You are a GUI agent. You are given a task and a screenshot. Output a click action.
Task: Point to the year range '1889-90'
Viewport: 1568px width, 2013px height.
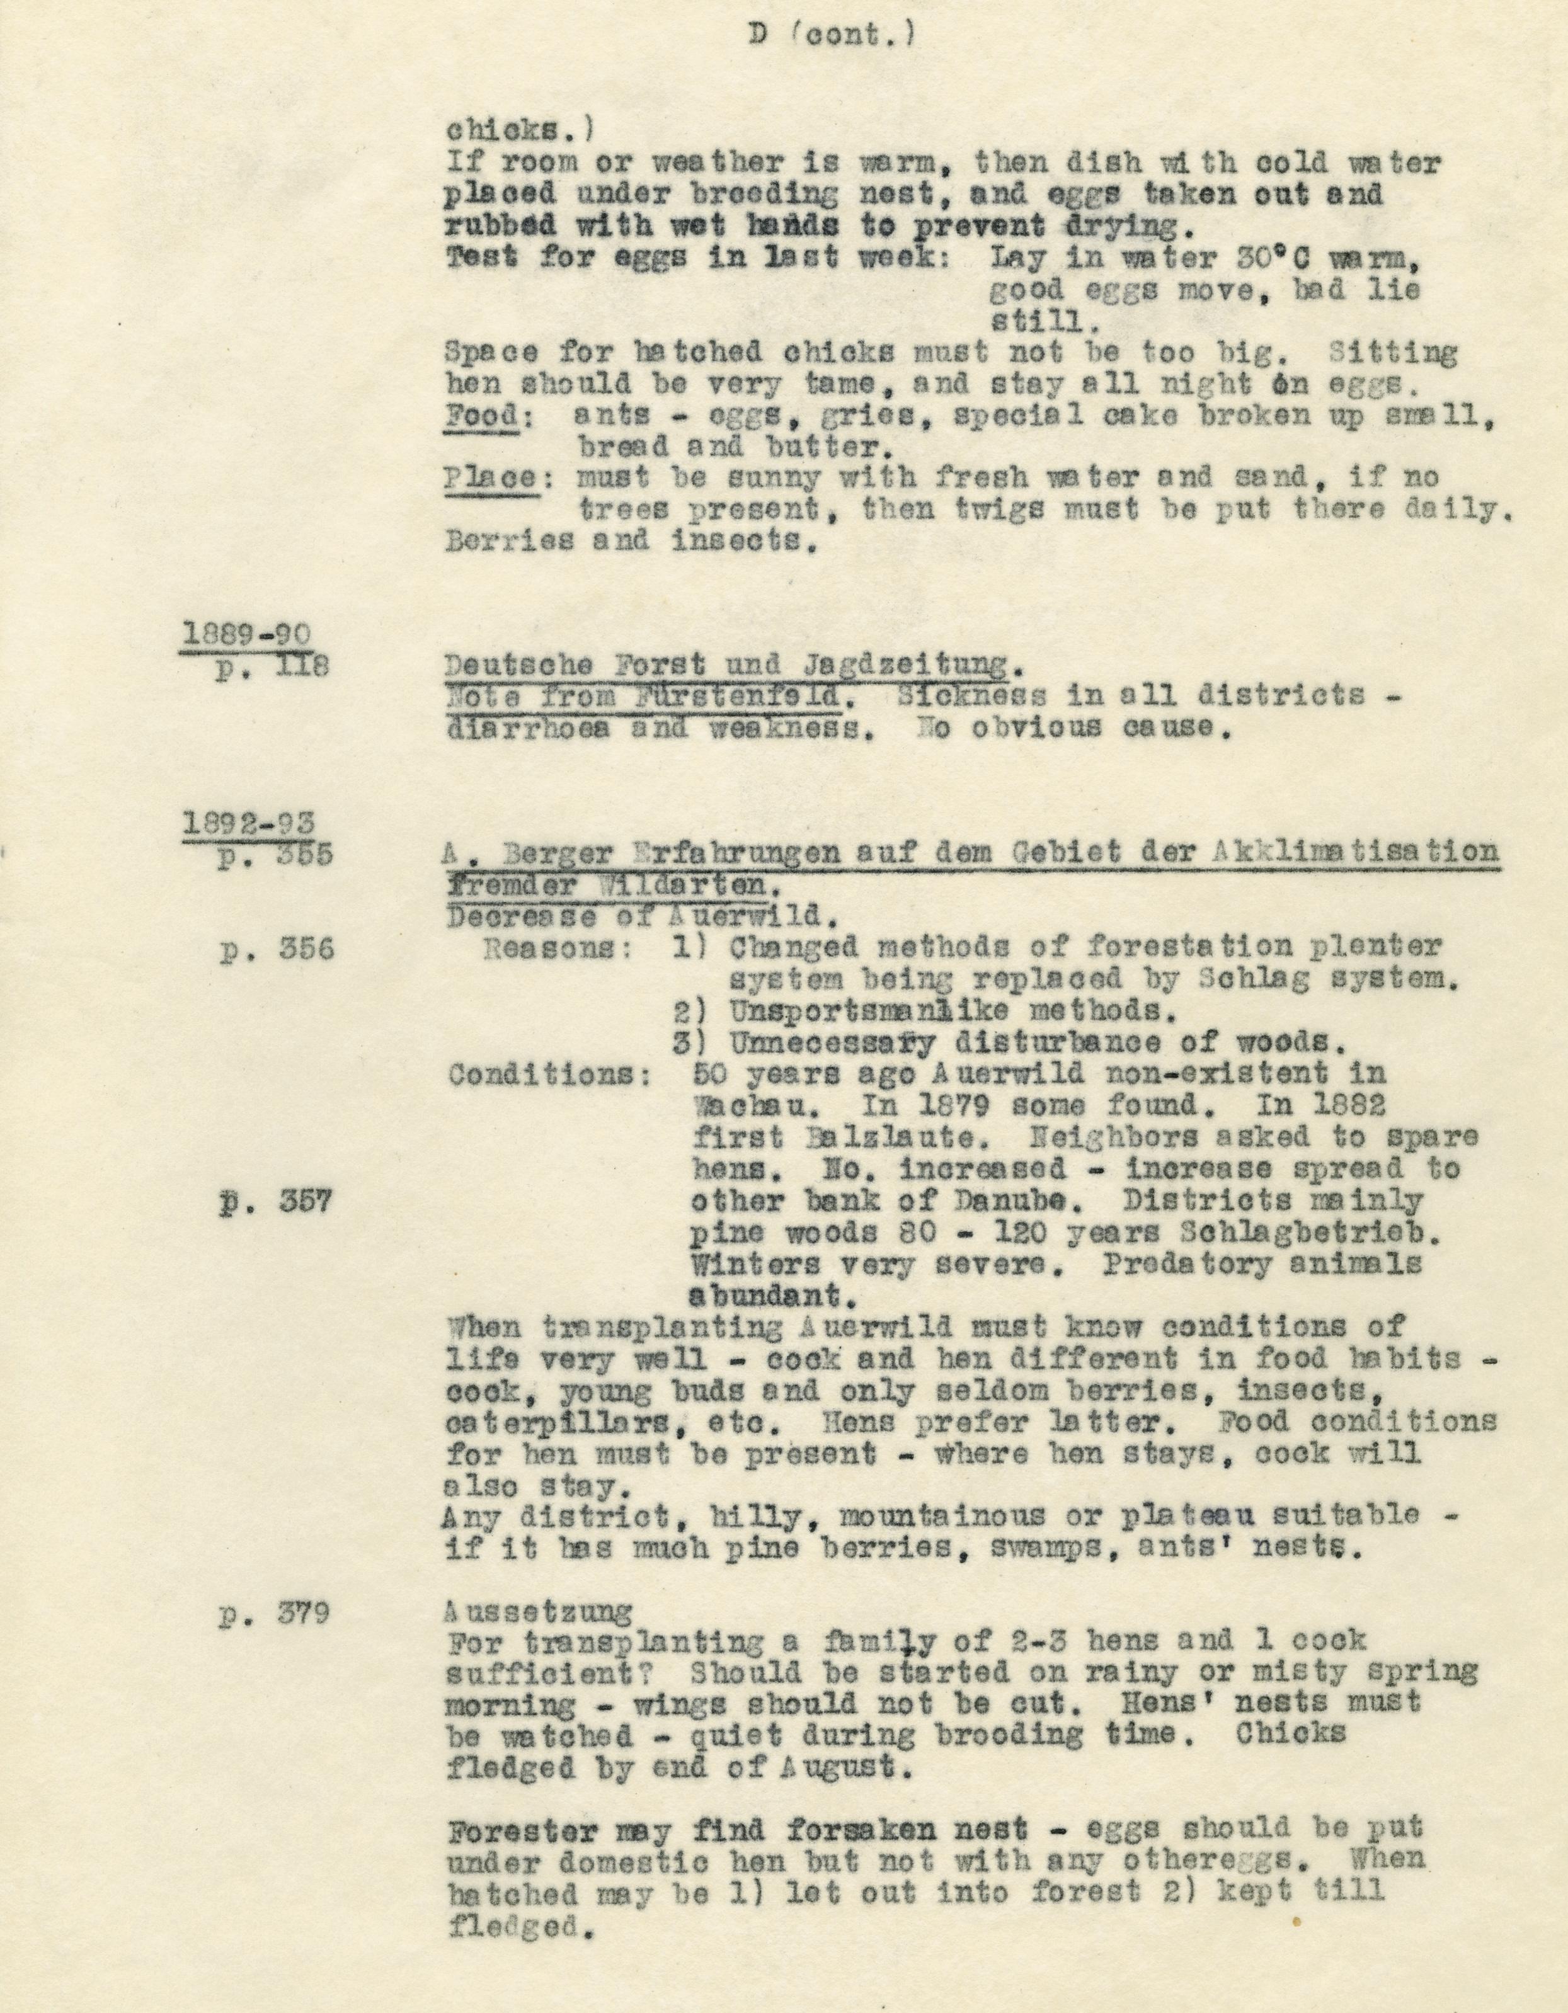point(247,634)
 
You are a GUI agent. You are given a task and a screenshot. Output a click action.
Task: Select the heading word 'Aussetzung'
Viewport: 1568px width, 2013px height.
point(539,1611)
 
